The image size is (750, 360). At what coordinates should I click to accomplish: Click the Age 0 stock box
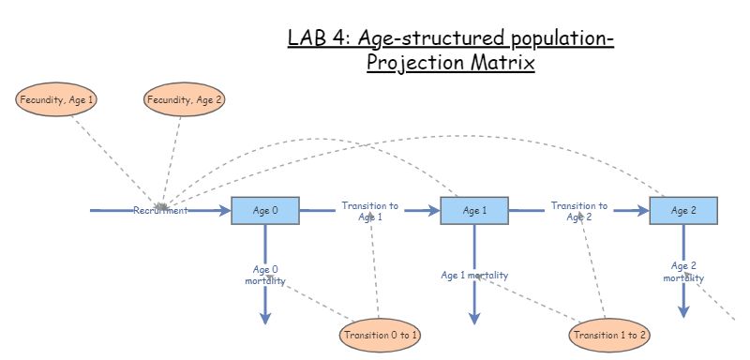(x=265, y=211)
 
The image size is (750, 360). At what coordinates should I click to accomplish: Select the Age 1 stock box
(x=474, y=211)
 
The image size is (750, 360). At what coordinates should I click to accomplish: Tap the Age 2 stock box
(x=683, y=211)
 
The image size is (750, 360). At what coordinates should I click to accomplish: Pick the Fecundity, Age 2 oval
(x=185, y=98)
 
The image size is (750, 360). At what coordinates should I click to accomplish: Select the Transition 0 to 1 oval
(x=380, y=335)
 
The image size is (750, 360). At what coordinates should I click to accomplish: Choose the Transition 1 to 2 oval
(x=609, y=335)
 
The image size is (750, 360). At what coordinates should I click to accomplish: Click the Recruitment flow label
(x=160, y=211)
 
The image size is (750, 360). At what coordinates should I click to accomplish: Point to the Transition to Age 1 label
(x=369, y=211)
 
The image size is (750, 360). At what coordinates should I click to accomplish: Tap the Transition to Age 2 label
(x=578, y=211)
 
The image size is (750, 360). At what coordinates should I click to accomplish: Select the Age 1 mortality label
(x=474, y=275)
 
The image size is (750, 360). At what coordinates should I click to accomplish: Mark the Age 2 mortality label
(x=683, y=271)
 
